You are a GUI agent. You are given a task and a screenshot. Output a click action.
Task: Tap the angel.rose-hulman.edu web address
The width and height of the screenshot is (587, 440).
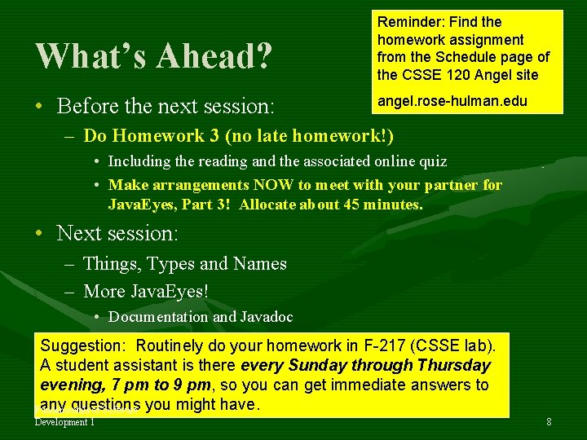452,101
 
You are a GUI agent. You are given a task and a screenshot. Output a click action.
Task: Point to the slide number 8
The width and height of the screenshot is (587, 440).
549,422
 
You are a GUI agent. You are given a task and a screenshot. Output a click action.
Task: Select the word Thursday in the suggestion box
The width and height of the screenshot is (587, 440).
452,365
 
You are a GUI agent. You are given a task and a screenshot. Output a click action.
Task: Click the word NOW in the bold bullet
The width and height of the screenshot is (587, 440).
238,185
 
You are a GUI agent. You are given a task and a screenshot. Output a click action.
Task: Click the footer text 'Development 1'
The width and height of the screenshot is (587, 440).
65,422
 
